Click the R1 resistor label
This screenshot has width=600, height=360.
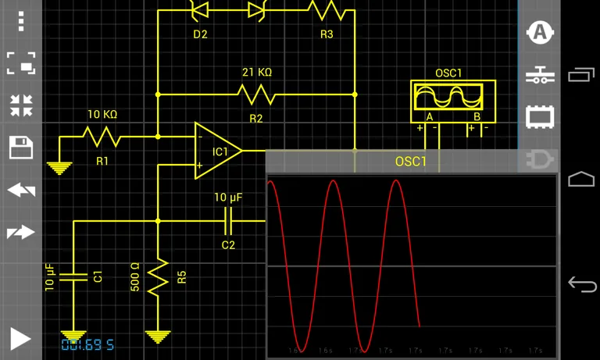(x=102, y=161)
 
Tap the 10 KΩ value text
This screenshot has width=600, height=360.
(x=102, y=115)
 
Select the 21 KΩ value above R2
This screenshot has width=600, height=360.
(x=256, y=73)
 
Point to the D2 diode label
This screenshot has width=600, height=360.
(x=200, y=34)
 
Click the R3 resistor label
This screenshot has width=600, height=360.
(x=327, y=34)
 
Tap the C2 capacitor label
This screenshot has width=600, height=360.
(x=228, y=244)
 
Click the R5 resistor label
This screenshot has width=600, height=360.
(x=181, y=277)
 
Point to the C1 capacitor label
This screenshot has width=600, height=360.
(x=98, y=276)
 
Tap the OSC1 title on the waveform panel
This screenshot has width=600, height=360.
(x=411, y=162)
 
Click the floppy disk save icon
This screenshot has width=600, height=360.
(x=20, y=148)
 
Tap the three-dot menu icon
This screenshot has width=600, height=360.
(x=20, y=20)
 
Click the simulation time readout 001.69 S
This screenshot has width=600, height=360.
(x=87, y=344)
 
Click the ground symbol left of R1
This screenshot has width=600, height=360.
(x=59, y=166)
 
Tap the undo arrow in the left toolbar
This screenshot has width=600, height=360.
(x=20, y=190)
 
